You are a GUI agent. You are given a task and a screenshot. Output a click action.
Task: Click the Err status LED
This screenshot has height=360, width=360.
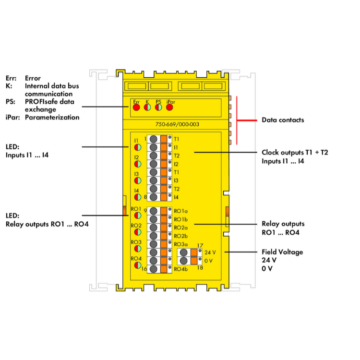coord(136,108)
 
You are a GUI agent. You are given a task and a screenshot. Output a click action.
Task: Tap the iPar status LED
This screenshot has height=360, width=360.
coord(169,108)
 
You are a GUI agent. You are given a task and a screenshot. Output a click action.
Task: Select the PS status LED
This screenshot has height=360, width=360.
coord(158,108)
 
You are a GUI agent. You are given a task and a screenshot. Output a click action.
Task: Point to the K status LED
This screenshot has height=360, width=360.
coord(147,108)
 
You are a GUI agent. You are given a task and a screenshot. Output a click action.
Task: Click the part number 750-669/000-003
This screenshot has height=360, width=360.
coord(178,124)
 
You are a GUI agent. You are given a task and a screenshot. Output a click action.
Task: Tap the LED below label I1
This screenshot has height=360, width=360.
coord(137,146)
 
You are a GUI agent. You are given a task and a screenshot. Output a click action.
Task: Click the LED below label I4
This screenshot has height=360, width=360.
coord(137,196)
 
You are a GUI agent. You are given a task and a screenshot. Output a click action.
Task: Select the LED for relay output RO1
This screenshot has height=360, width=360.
coord(136,216)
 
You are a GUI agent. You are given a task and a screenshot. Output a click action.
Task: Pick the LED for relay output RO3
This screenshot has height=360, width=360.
coord(136,249)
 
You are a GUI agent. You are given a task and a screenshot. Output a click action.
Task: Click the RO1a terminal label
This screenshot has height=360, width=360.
coord(181,211)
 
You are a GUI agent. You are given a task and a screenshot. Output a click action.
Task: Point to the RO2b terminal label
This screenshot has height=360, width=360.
coord(181,236)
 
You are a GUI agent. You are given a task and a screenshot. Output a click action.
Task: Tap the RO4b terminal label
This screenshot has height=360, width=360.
coord(181,269)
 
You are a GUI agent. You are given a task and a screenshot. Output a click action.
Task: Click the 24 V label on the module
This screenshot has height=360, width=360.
coord(210,252)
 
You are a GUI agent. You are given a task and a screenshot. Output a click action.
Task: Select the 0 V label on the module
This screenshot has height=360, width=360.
coord(208,260)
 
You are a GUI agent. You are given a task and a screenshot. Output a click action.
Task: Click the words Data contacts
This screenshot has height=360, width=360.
coord(283,120)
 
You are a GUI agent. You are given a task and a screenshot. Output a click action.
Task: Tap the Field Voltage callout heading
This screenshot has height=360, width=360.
coord(282,252)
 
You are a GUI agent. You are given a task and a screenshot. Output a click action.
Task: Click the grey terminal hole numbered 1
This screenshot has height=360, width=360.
coord(153,139)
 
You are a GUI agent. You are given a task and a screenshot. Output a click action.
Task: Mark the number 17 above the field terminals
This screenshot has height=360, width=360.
coord(200,245)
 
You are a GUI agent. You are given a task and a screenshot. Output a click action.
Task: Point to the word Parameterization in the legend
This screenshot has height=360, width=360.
coord(52,117)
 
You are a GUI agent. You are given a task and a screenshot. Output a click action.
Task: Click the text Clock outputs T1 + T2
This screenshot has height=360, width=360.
coord(295,153)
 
